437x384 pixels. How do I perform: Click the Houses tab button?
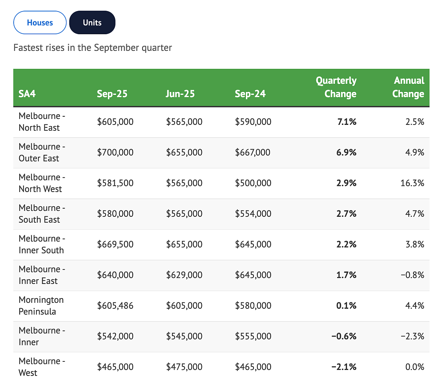[40, 23]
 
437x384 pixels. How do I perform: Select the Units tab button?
[92, 23]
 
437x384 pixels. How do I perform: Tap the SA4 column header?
[27, 94]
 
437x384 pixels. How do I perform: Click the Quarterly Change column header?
[336, 87]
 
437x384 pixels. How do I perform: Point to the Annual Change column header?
[408, 87]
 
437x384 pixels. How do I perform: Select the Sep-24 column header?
[250, 94]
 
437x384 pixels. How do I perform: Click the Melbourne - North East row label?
[42, 122]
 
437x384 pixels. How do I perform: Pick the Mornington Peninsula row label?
[41, 305]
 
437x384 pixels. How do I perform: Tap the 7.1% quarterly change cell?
[347, 122]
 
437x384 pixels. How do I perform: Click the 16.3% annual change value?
[412, 183]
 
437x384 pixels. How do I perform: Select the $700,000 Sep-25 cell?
[115, 153]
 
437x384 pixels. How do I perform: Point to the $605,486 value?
[115, 305]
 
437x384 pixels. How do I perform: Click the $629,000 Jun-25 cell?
[184, 275]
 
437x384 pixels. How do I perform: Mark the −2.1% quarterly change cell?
[344, 367]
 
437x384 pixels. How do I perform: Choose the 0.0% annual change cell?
[415, 367]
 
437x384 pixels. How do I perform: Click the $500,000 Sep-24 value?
[253, 183]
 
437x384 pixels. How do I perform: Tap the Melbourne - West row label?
[42, 367]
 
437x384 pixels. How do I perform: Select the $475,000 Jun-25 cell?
[184, 367]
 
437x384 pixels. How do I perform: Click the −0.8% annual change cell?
[413, 275]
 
